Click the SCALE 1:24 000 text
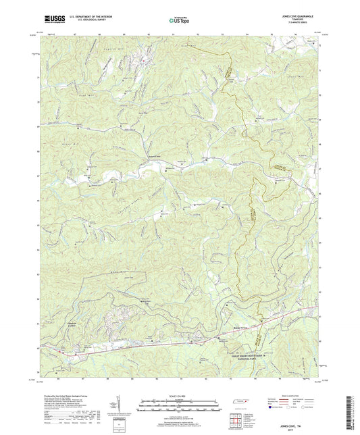click(x=180, y=395)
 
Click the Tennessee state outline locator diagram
click(x=238, y=403)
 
